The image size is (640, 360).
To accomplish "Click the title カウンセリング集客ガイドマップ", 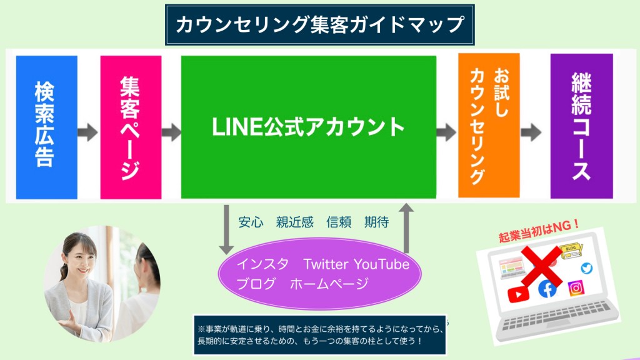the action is pos(319,24).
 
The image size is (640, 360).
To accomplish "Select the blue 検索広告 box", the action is pos(46,127).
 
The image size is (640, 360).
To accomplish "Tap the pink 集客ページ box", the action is pos(131,127).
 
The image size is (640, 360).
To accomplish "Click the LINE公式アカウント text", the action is pos(308,127).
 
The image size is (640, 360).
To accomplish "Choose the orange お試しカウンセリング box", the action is pos(489,125).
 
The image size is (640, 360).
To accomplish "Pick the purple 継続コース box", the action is pos(582,126).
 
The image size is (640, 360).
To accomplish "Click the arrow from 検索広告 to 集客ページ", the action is pos(87,132).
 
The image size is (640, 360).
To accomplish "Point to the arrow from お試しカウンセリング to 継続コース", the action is pos(531,132).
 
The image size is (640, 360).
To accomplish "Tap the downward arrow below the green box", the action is pos(226,230).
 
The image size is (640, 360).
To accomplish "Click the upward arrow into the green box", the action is pos(406,228).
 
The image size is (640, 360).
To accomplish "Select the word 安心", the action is pos(251,222).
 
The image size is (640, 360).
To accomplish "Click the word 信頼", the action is pos(339,222).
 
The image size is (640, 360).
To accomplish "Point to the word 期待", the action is pos(377,222).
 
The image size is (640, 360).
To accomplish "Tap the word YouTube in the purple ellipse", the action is pos(382,264).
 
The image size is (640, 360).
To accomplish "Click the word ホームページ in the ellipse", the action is pos(329,283).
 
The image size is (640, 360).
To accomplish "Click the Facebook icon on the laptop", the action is pos(547,289).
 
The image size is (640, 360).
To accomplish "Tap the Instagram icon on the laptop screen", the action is pos(576,288).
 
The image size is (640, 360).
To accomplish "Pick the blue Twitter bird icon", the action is pos(586,268).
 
